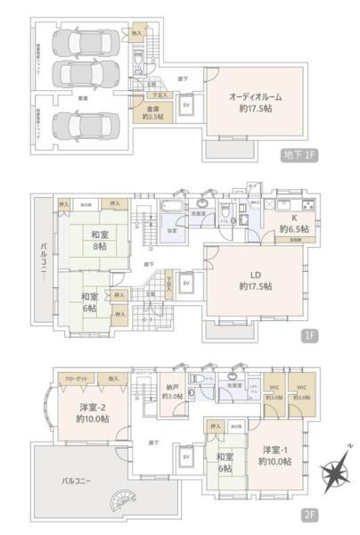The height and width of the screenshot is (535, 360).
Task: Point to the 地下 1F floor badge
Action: tap(295, 157)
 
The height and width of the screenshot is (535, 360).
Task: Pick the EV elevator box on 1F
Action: tap(186, 283)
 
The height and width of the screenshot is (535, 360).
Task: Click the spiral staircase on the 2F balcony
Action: tap(119, 502)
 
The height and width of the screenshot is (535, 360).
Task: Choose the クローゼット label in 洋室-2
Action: tap(76, 379)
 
